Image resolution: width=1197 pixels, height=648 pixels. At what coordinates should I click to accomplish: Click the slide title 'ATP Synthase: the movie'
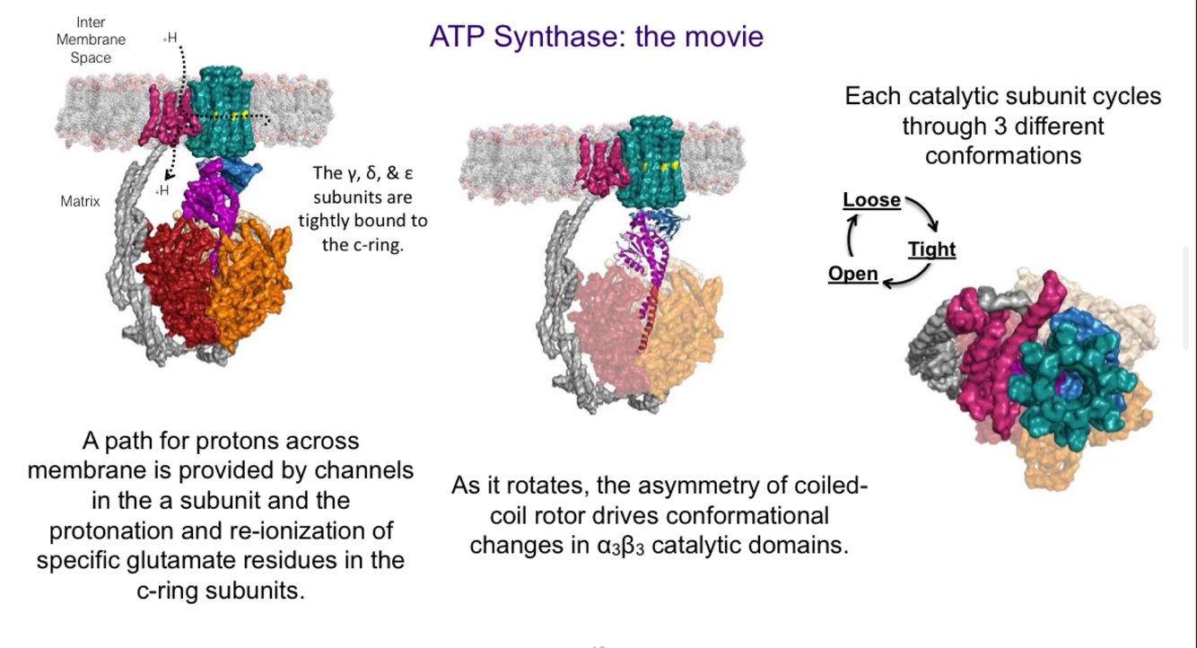tap(596, 37)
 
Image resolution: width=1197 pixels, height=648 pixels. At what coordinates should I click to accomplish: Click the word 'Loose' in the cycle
tap(871, 200)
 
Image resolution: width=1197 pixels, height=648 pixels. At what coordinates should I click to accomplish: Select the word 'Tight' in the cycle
tap(931, 250)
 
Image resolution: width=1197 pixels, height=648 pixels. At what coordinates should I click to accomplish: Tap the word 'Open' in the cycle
tap(852, 274)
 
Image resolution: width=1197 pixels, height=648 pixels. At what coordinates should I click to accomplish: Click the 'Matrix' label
tap(80, 201)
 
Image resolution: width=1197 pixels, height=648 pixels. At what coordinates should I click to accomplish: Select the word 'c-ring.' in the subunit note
tap(363, 244)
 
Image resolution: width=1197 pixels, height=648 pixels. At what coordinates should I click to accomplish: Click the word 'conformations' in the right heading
tap(1002, 155)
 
